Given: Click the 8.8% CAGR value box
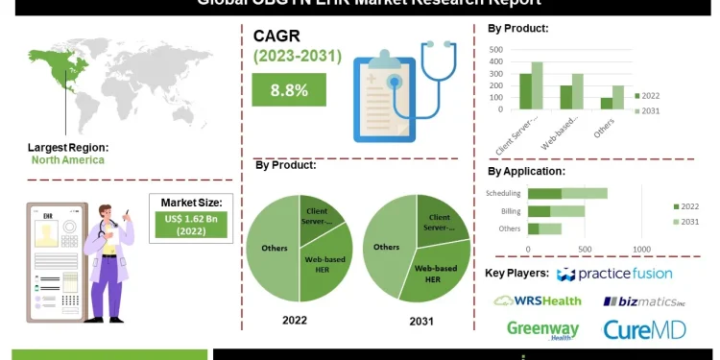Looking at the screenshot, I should pos(289,89).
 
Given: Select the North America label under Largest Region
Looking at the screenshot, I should pos(65,160).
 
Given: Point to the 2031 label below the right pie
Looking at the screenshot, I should pos(419,321).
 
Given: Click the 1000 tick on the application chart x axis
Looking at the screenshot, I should pos(641,249).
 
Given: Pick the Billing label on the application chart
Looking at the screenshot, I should pos(509,211).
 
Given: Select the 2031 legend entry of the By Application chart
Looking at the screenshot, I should pos(690,221).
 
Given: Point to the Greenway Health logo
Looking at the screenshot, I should pos(543,329).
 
